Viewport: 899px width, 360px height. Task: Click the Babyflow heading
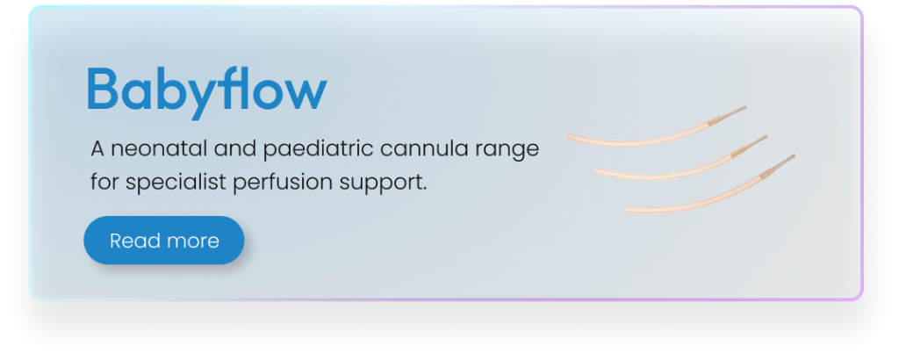pyautogui.click(x=206, y=91)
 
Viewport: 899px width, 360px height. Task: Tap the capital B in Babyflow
pyautogui.click(x=103, y=89)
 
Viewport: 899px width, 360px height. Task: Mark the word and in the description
pyautogui.click(x=234, y=149)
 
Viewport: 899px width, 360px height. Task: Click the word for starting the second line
pyautogui.click(x=104, y=183)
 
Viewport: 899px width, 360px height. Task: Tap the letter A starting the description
pyautogui.click(x=97, y=149)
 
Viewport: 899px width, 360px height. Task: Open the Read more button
pyautogui.click(x=164, y=241)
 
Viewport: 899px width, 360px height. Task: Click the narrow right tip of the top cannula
pyautogui.click(x=744, y=107)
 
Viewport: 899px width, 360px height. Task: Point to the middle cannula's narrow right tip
pyautogui.click(x=766, y=136)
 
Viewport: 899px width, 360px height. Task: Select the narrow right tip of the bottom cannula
pyautogui.click(x=794, y=155)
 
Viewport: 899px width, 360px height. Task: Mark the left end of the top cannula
pyautogui.click(x=567, y=136)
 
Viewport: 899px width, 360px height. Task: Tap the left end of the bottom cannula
pyautogui.click(x=627, y=211)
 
